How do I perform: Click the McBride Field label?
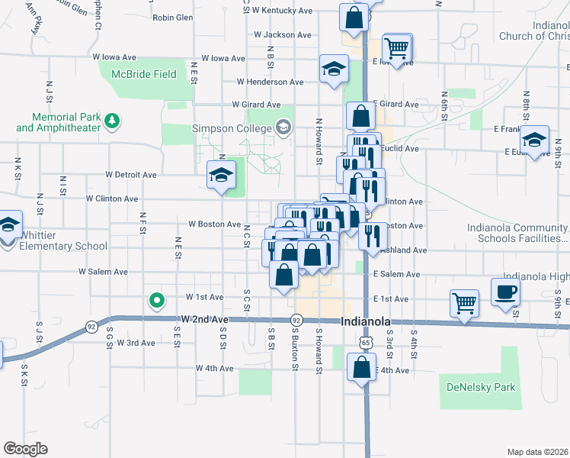(x=144, y=75)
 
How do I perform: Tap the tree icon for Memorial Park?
(x=112, y=120)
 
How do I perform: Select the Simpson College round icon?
(x=284, y=127)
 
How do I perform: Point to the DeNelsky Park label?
(x=481, y=387)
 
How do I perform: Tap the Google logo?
(x=26, y=448)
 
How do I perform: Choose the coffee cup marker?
(x=505, y=292)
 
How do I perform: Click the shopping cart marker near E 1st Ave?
(x=463, y=302)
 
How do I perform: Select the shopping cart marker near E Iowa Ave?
(x=397, y=47)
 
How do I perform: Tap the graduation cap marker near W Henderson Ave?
(x=334, y=69)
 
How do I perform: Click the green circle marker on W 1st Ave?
(x=157, y=301)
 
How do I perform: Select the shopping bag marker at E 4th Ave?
(x=361, y=367)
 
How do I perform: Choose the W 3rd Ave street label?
(x=136, y=343)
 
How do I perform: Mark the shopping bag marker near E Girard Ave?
(x=360, y=116)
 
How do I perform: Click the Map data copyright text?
(x=538, y=452)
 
